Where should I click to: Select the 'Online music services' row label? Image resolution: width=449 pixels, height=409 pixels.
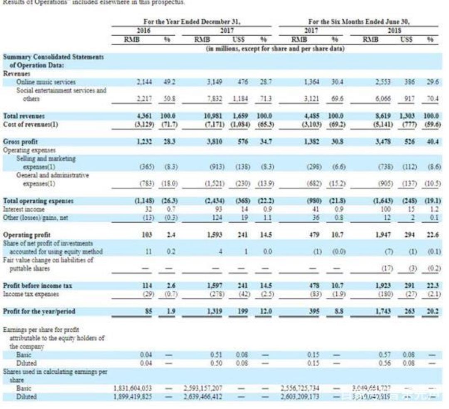pos(46,82)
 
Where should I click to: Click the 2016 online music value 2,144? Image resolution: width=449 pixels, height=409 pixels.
pos(143,82)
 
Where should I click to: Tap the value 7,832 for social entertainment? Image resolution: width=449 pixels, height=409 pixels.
pos(215,99)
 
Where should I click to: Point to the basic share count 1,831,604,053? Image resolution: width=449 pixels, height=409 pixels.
pos(133,389)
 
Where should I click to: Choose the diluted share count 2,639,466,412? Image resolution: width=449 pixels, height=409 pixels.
pos(203,397)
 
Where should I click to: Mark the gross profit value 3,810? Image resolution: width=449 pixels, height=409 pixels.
pos(216,142)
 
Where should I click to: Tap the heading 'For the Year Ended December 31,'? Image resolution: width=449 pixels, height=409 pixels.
pos(192,22)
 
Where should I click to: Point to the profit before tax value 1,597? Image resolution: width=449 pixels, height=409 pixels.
pos(215,286)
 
